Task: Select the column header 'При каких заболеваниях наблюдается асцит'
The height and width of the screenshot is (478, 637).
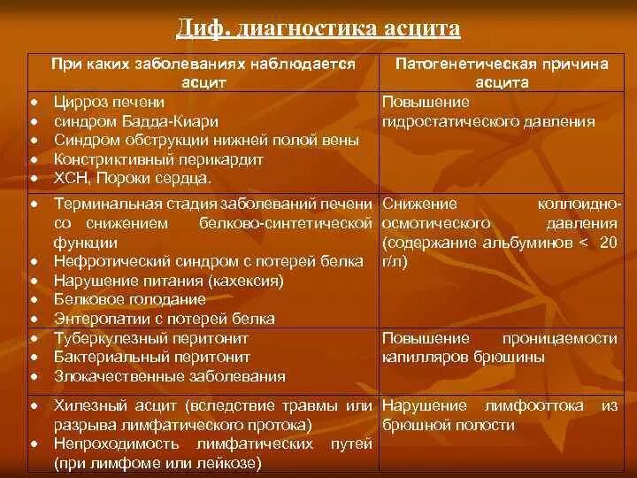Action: tap(203, 73)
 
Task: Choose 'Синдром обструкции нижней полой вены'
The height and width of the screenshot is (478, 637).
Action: tap(193, 141)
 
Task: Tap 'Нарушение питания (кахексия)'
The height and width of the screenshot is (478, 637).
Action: tap(167, 281)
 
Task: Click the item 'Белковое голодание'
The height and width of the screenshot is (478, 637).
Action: tap(123, 300)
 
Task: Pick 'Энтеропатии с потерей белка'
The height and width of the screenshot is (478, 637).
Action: tap(164, 319)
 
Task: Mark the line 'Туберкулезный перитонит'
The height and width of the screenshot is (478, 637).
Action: tap(150, 338)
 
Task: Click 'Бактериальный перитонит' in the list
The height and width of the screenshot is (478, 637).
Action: tap(151, 357)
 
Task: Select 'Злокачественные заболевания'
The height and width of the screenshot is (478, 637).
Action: tap(169, 376)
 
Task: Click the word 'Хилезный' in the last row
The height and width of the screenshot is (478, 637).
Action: tap(88, 405)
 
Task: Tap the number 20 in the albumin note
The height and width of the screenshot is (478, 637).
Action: tap(608, 243)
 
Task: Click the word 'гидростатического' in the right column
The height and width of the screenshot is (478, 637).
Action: tap(441, 121)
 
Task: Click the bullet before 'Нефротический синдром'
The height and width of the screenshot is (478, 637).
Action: tap(33, 262)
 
